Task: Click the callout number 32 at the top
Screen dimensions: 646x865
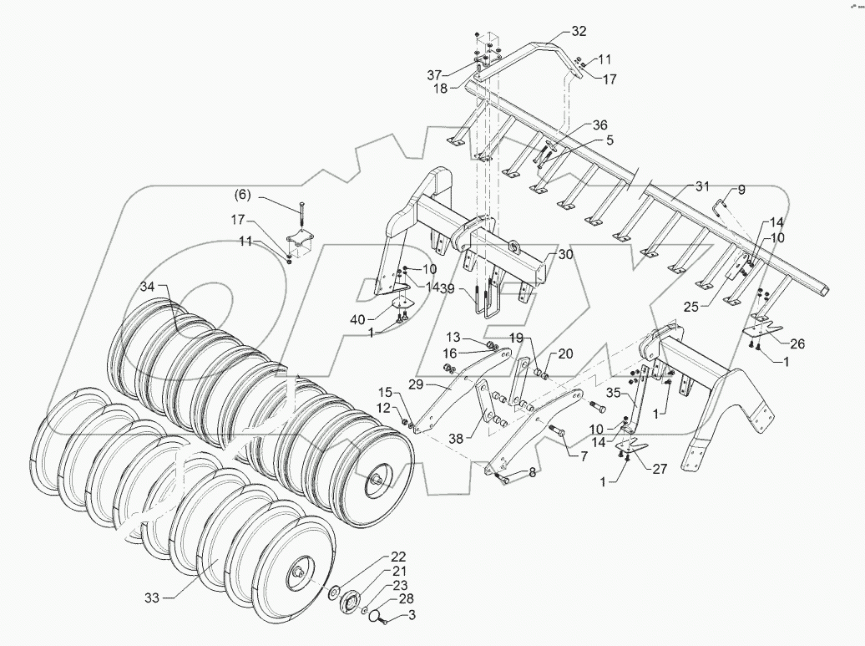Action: pos(579,31)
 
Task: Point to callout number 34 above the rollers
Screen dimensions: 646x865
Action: pos(147,287)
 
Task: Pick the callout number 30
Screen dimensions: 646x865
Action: pos(565,255)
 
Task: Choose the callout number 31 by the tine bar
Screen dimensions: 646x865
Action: pos(701,186)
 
